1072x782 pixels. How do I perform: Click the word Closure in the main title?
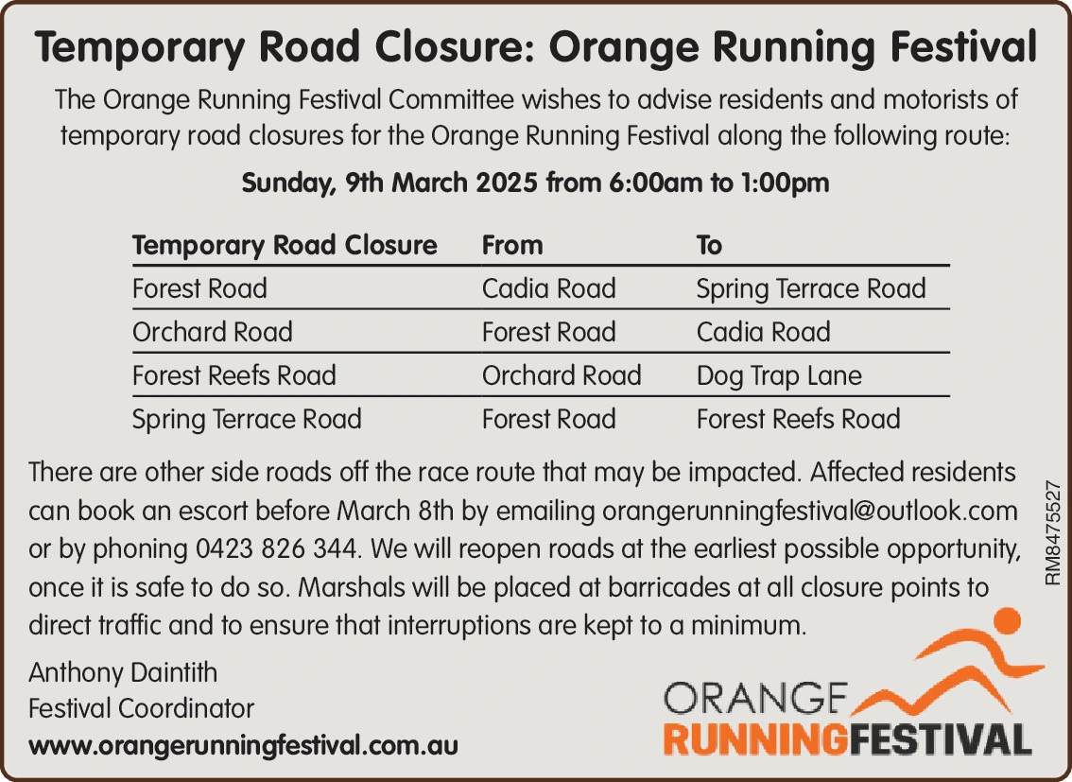[451, 47]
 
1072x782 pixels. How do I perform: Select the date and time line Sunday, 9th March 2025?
[535, 183]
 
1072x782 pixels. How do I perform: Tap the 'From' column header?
[512, 245]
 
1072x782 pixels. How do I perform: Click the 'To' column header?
[709, 245]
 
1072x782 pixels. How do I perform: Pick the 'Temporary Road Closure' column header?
[285, 246]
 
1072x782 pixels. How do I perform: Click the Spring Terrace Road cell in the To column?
[811, 288]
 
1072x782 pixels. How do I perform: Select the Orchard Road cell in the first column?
[212, 332]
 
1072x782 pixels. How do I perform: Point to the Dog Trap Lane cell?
[779, 376]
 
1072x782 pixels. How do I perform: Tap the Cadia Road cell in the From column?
[548, 288]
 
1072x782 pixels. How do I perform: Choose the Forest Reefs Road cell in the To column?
[798, 419]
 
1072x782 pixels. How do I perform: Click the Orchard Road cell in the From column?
[562, 375]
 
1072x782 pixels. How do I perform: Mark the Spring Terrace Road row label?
[246, 420]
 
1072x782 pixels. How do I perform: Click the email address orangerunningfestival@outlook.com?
[810, 512]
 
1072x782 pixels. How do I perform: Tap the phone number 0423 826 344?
[276, 548]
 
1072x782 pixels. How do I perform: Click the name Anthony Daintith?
[123, 672]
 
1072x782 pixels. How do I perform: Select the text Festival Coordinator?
[141, 708]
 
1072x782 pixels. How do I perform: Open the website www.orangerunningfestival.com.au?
[243, 745]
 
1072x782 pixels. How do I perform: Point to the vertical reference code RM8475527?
[1053, 532]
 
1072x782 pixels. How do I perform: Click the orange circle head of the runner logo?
[1006, 622]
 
